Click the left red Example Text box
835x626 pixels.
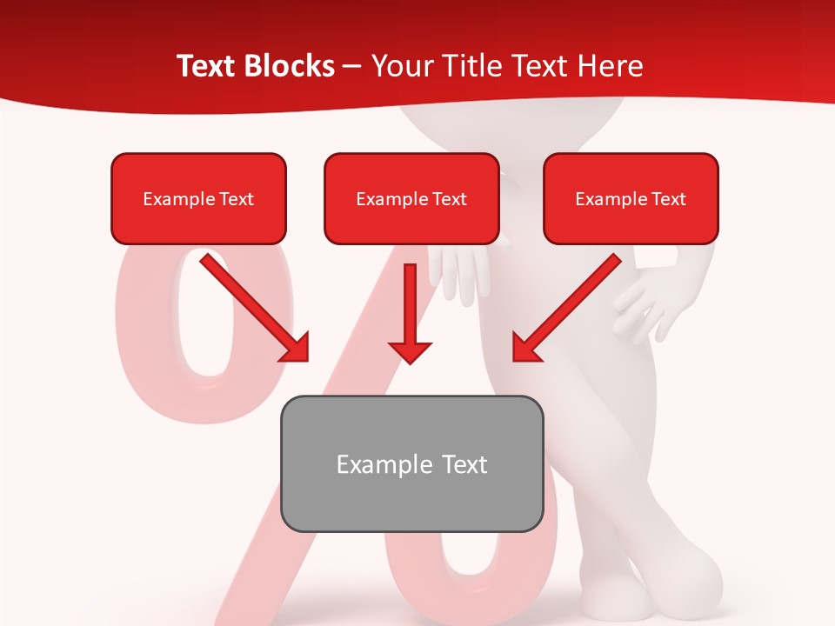(198, 198)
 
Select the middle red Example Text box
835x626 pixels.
(411, 198)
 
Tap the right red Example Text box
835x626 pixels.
(631, 198)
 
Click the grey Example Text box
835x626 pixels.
(411, 463)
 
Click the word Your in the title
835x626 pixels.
(402, 66)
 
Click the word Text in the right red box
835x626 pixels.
(668, 199)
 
